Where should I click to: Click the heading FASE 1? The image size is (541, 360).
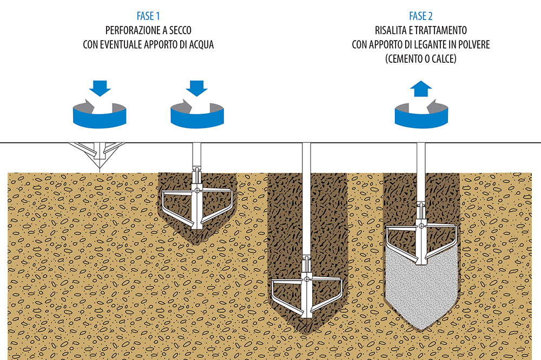(x=148, y=16)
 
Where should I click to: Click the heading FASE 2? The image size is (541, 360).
(x=420, y=16)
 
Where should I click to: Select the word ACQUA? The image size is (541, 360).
(x=199, y=45)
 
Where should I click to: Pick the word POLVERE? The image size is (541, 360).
(x=472, y=45)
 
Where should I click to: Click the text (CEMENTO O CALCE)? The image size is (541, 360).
(x=421, y=59)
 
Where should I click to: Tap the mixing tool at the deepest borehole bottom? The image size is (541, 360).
(x=306, y=295)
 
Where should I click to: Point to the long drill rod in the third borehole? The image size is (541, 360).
(x=307, y=206)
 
